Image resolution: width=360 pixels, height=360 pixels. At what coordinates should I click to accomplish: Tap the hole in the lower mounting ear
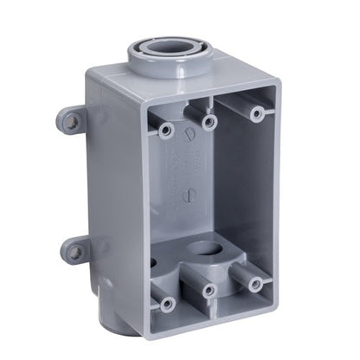point(75,252)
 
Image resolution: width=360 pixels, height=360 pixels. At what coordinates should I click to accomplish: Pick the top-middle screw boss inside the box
point(208,122)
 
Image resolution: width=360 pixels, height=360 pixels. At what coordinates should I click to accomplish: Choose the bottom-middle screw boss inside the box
point(209,292)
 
